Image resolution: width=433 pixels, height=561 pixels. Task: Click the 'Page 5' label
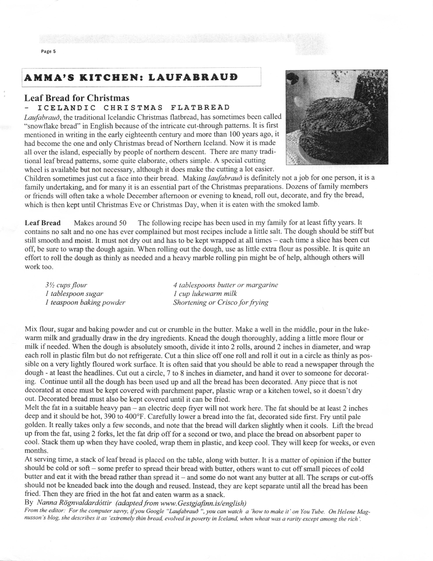(x=48, y=51)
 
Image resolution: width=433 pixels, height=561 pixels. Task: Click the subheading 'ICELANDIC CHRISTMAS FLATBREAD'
(x=134, y=107)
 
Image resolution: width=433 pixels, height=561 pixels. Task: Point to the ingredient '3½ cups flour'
(x=66, y=285)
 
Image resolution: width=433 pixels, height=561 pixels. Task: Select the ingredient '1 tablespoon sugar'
(x=74, y=294)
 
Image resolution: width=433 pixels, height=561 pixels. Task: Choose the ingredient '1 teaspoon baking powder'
(x=85, y=302)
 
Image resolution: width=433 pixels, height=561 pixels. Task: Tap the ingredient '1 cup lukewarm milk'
(x=205, y=294)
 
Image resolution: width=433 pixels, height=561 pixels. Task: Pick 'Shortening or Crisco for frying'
(x=221, y=302)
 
